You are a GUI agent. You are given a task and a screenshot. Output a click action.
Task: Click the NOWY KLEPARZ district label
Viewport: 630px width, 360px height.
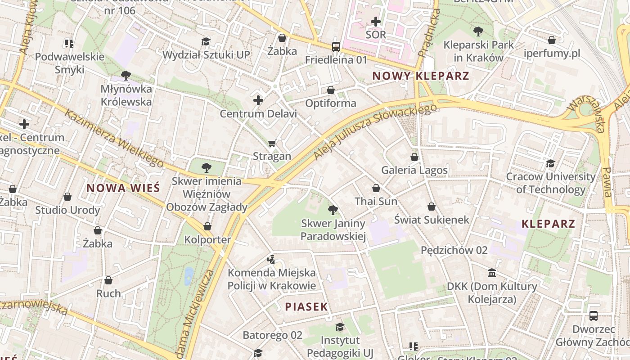[x=421, y=76]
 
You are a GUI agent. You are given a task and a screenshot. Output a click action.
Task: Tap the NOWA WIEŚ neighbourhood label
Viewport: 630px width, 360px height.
[x=123, y=188]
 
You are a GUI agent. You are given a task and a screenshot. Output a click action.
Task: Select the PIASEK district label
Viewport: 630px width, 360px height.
[x=306, y=307]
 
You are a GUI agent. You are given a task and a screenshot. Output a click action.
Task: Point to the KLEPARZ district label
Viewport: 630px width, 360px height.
[x=548, y=224]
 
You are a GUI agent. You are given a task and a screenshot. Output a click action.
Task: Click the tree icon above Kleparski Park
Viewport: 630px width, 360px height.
[x=478, y=31]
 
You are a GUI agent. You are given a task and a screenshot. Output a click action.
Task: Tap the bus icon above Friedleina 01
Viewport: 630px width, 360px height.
[x=336, y=46]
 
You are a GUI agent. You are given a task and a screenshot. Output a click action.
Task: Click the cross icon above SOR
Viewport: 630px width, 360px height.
[x=376, y=21]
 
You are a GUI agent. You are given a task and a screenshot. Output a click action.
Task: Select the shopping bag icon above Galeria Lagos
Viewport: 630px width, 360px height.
[x=414, y=157]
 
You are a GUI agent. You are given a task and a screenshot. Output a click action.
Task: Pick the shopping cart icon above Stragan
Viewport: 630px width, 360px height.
[x=272, y=144]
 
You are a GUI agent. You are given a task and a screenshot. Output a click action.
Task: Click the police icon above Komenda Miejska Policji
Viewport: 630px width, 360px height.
[x=271, y=259]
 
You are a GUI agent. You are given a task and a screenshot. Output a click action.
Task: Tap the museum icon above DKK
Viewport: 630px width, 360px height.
[x=492, y=273]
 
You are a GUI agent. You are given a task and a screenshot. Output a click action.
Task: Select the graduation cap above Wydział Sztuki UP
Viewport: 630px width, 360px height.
[x=206, y=41]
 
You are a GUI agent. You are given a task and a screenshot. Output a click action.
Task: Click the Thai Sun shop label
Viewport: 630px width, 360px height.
[x=376, y=201]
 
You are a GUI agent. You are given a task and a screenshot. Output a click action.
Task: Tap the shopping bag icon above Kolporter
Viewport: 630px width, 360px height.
[x=207, y=226]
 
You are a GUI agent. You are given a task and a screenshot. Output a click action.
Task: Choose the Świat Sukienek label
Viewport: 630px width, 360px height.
[x=432, y=220]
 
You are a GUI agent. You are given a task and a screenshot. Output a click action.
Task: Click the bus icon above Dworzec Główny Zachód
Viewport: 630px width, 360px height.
[x=594, y=316]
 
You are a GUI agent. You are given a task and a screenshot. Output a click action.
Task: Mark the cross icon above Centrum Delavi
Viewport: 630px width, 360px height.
[x=258, y=100]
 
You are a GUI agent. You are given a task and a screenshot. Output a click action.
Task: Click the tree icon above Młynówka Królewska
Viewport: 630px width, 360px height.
[x=126, y=75]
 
